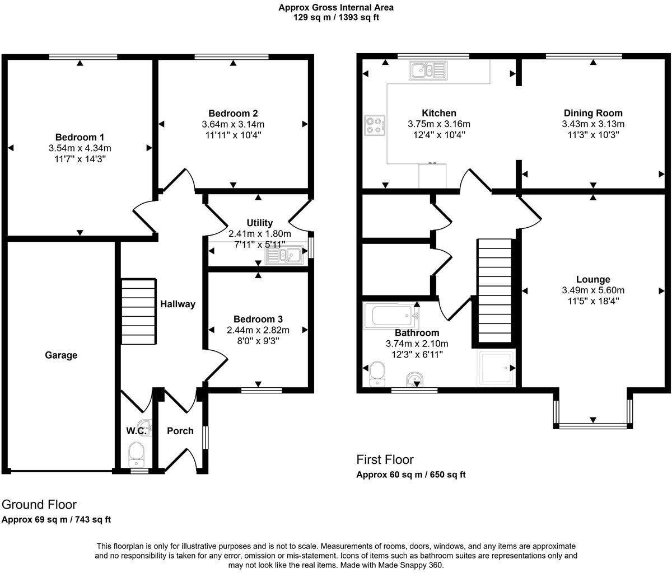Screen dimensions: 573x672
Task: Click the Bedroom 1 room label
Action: [80, 137]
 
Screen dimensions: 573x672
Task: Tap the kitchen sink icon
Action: [428, 71]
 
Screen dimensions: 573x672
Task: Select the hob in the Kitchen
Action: [375, 125]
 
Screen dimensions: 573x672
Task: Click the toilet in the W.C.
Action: [137, 454]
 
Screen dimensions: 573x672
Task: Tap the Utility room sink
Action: [284, 255]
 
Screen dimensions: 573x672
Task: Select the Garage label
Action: [61, 355]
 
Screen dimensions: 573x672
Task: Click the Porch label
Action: [180, 431]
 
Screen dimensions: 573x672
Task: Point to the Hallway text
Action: [178, 304]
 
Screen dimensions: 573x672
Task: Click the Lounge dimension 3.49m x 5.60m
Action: [593, 290]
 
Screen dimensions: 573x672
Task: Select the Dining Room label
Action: [593, 113]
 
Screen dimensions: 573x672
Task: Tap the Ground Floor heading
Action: [39, 505]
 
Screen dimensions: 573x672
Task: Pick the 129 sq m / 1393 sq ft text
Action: [336, 17]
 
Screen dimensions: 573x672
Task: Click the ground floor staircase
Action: [138, 312]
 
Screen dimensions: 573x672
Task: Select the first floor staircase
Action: [495, 290]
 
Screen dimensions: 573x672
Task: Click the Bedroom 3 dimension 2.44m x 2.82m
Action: [258, 330]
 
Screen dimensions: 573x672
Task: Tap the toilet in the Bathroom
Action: [376, 373]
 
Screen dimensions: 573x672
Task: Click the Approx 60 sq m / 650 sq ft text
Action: [411, 475]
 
